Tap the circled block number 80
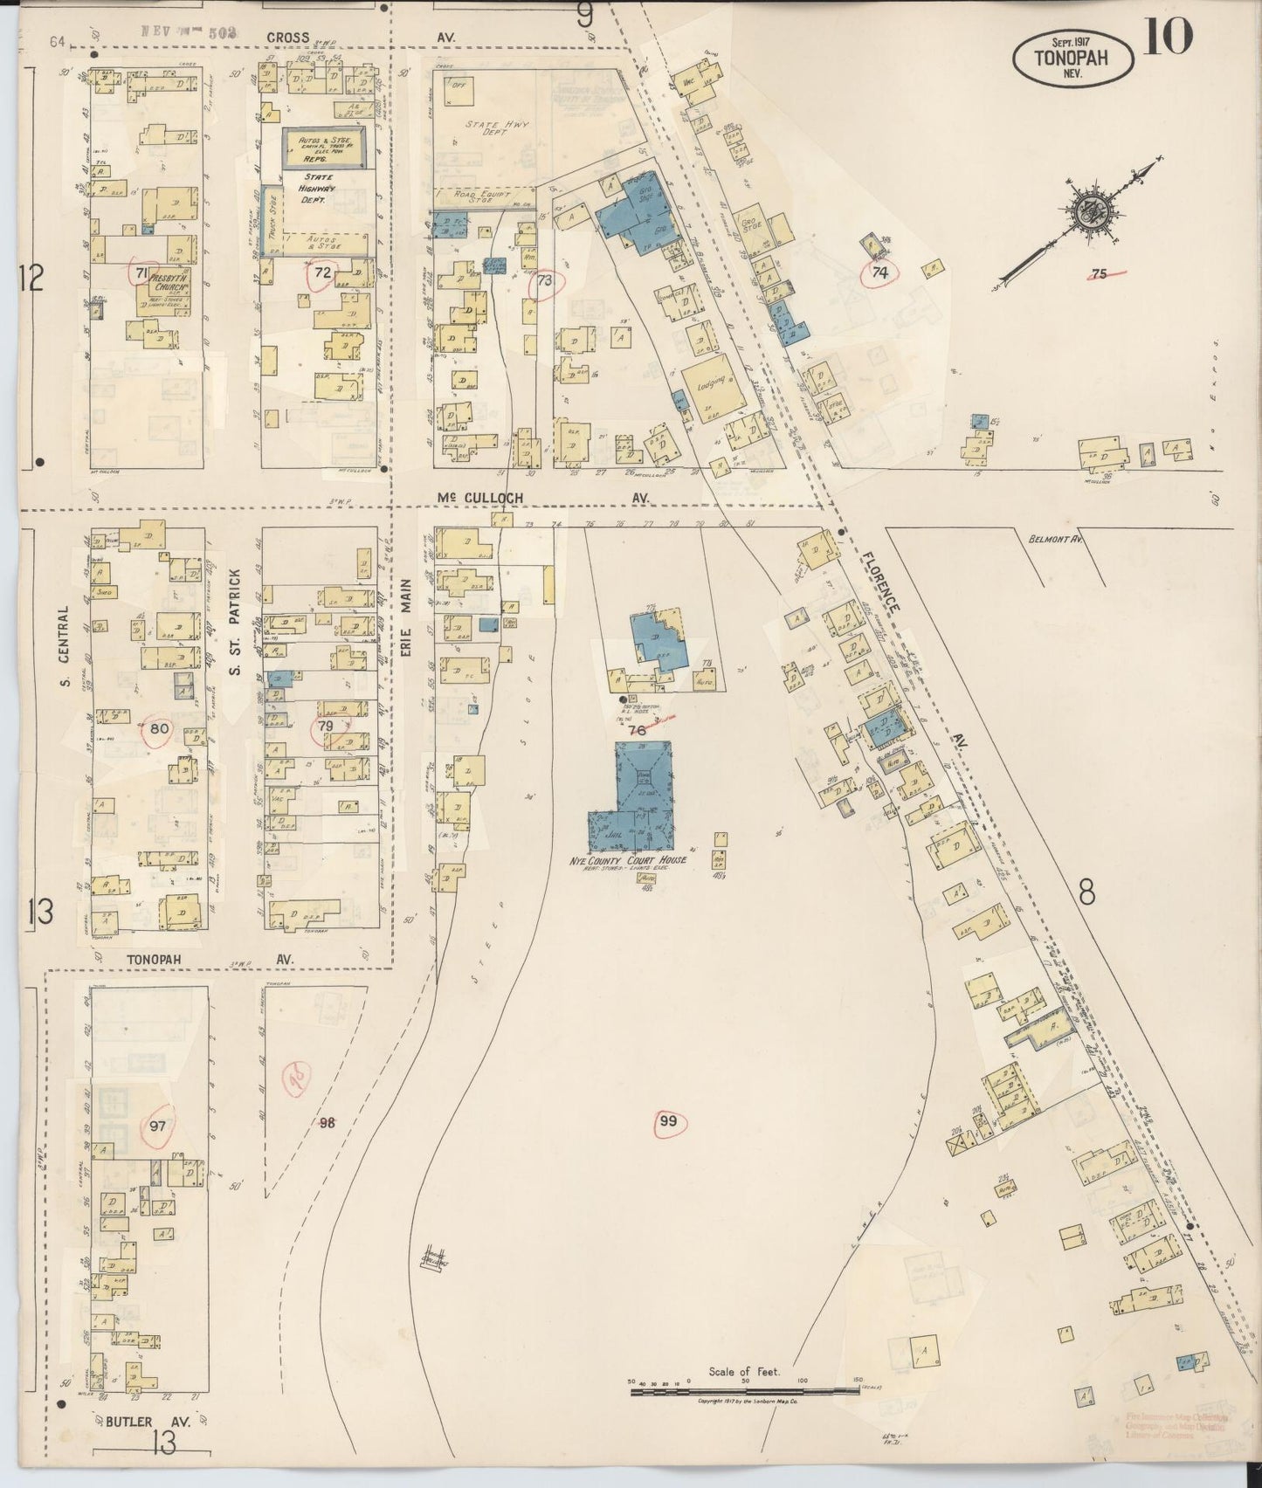click(x=159, y=728)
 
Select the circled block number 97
click(x=158, y=1125)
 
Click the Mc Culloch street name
click(x=476, y=497)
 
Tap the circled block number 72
click(x=322, y=272)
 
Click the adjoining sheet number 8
click(x=1086, y=892)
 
